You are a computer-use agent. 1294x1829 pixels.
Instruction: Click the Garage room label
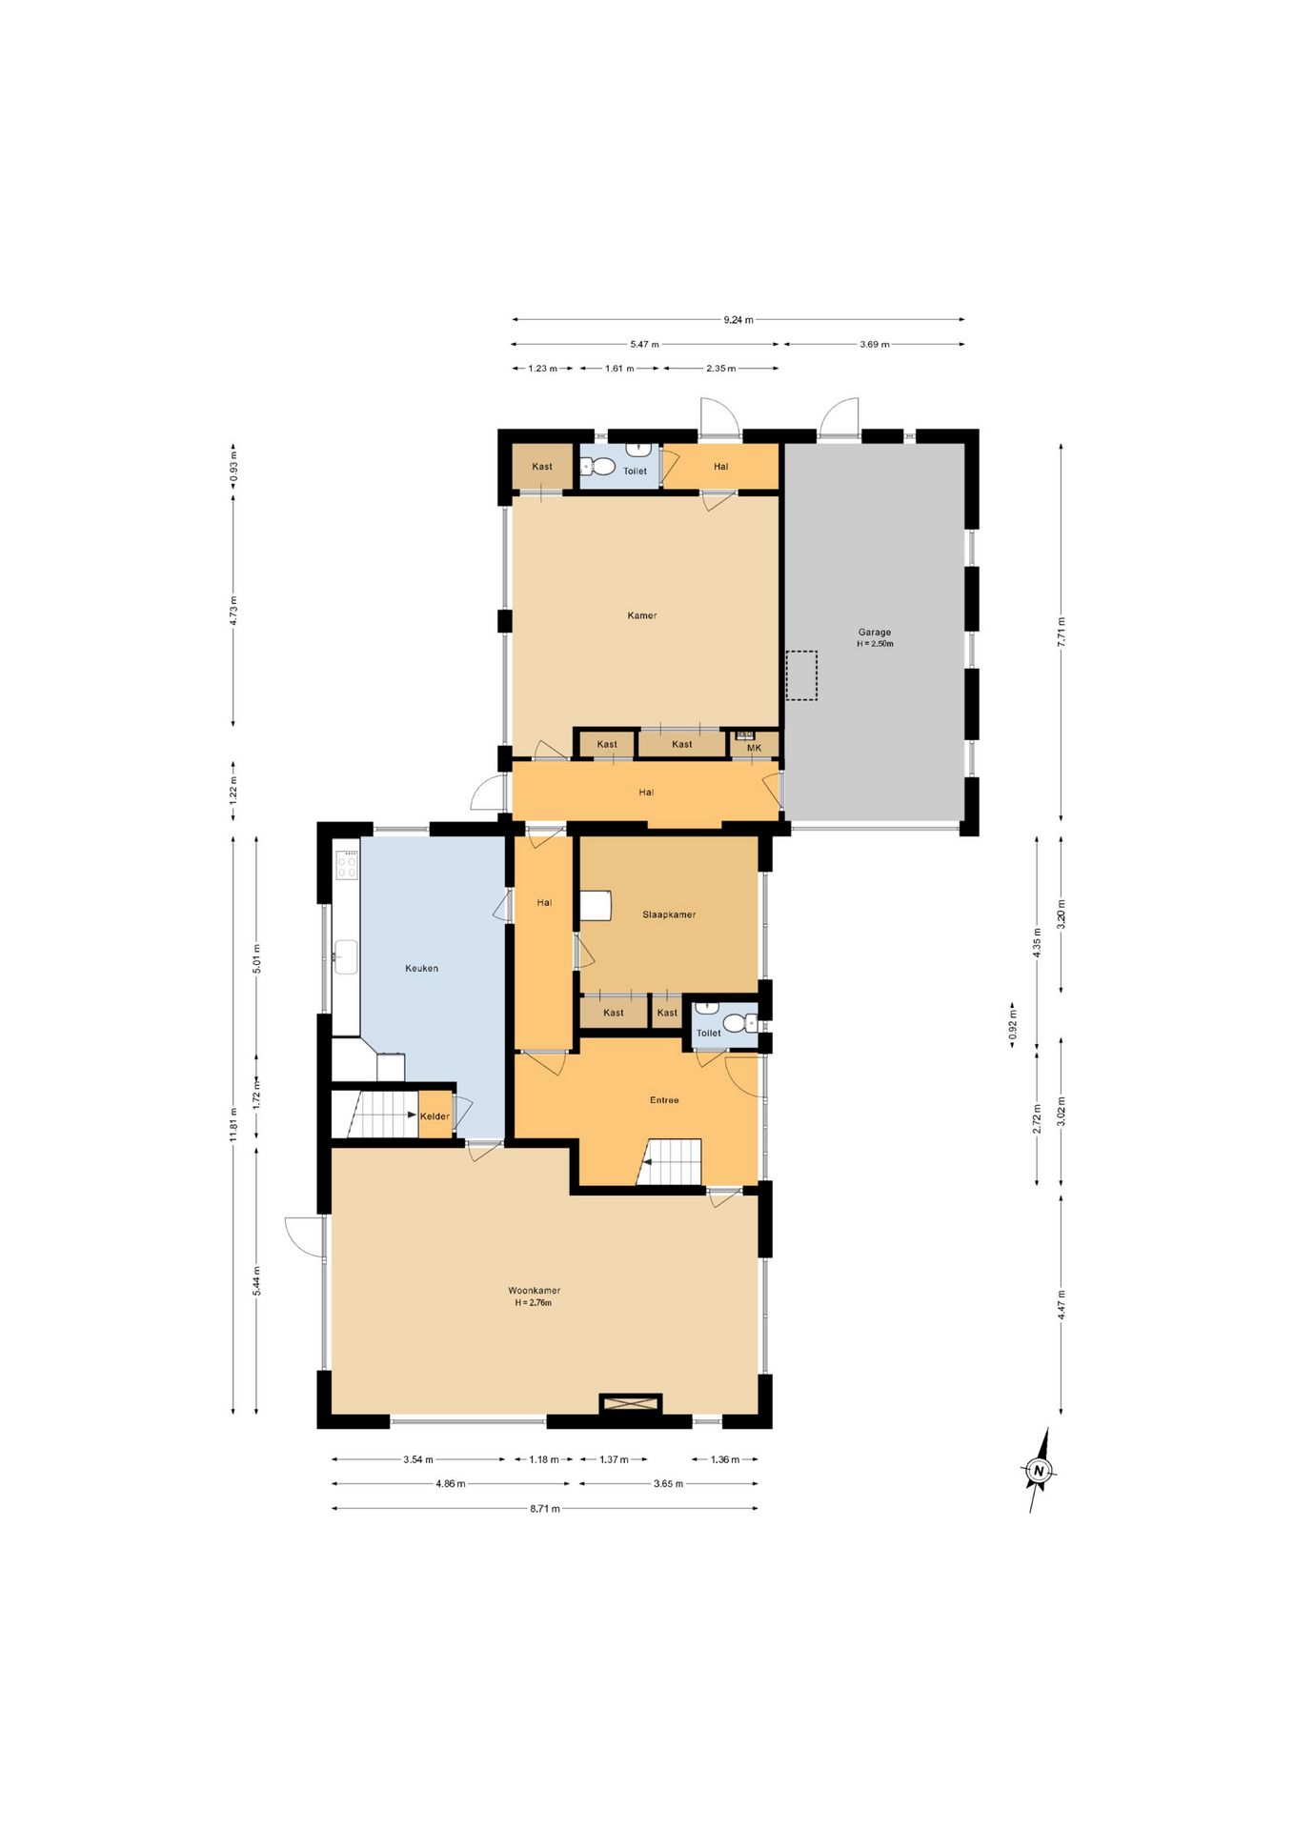coord(875,632)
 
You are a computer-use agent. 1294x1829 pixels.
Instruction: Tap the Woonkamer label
coord(534,1291)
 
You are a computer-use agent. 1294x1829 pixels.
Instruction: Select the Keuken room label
coord(421,968)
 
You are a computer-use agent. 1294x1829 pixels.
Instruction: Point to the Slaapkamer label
coord(669,914)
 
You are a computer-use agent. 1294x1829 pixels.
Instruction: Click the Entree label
coord(664,1100)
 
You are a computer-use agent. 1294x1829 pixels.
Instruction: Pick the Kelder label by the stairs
coord(435,1116)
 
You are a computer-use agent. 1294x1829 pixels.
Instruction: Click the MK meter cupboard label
coord(755,748)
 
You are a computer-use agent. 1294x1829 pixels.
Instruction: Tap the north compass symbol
coord(1040,1470)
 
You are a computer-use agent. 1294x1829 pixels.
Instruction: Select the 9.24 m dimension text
coord(738,320)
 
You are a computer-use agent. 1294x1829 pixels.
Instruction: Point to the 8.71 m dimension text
coord(544,1508)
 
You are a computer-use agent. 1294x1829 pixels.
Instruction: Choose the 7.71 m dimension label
coord(1061,633)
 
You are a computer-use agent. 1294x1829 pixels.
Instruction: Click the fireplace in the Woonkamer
coord(630,1403)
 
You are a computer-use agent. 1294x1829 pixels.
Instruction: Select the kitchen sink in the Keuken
coord(345,957)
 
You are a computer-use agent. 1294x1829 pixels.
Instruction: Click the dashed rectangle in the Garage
coord(801,675)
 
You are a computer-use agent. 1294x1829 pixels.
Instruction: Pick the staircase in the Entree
coord(669,1162)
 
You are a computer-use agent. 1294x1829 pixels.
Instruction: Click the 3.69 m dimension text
coord(874,344)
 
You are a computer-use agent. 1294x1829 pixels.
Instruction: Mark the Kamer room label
coord(641,615)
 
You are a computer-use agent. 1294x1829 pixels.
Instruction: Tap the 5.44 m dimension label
coord(256,1280)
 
